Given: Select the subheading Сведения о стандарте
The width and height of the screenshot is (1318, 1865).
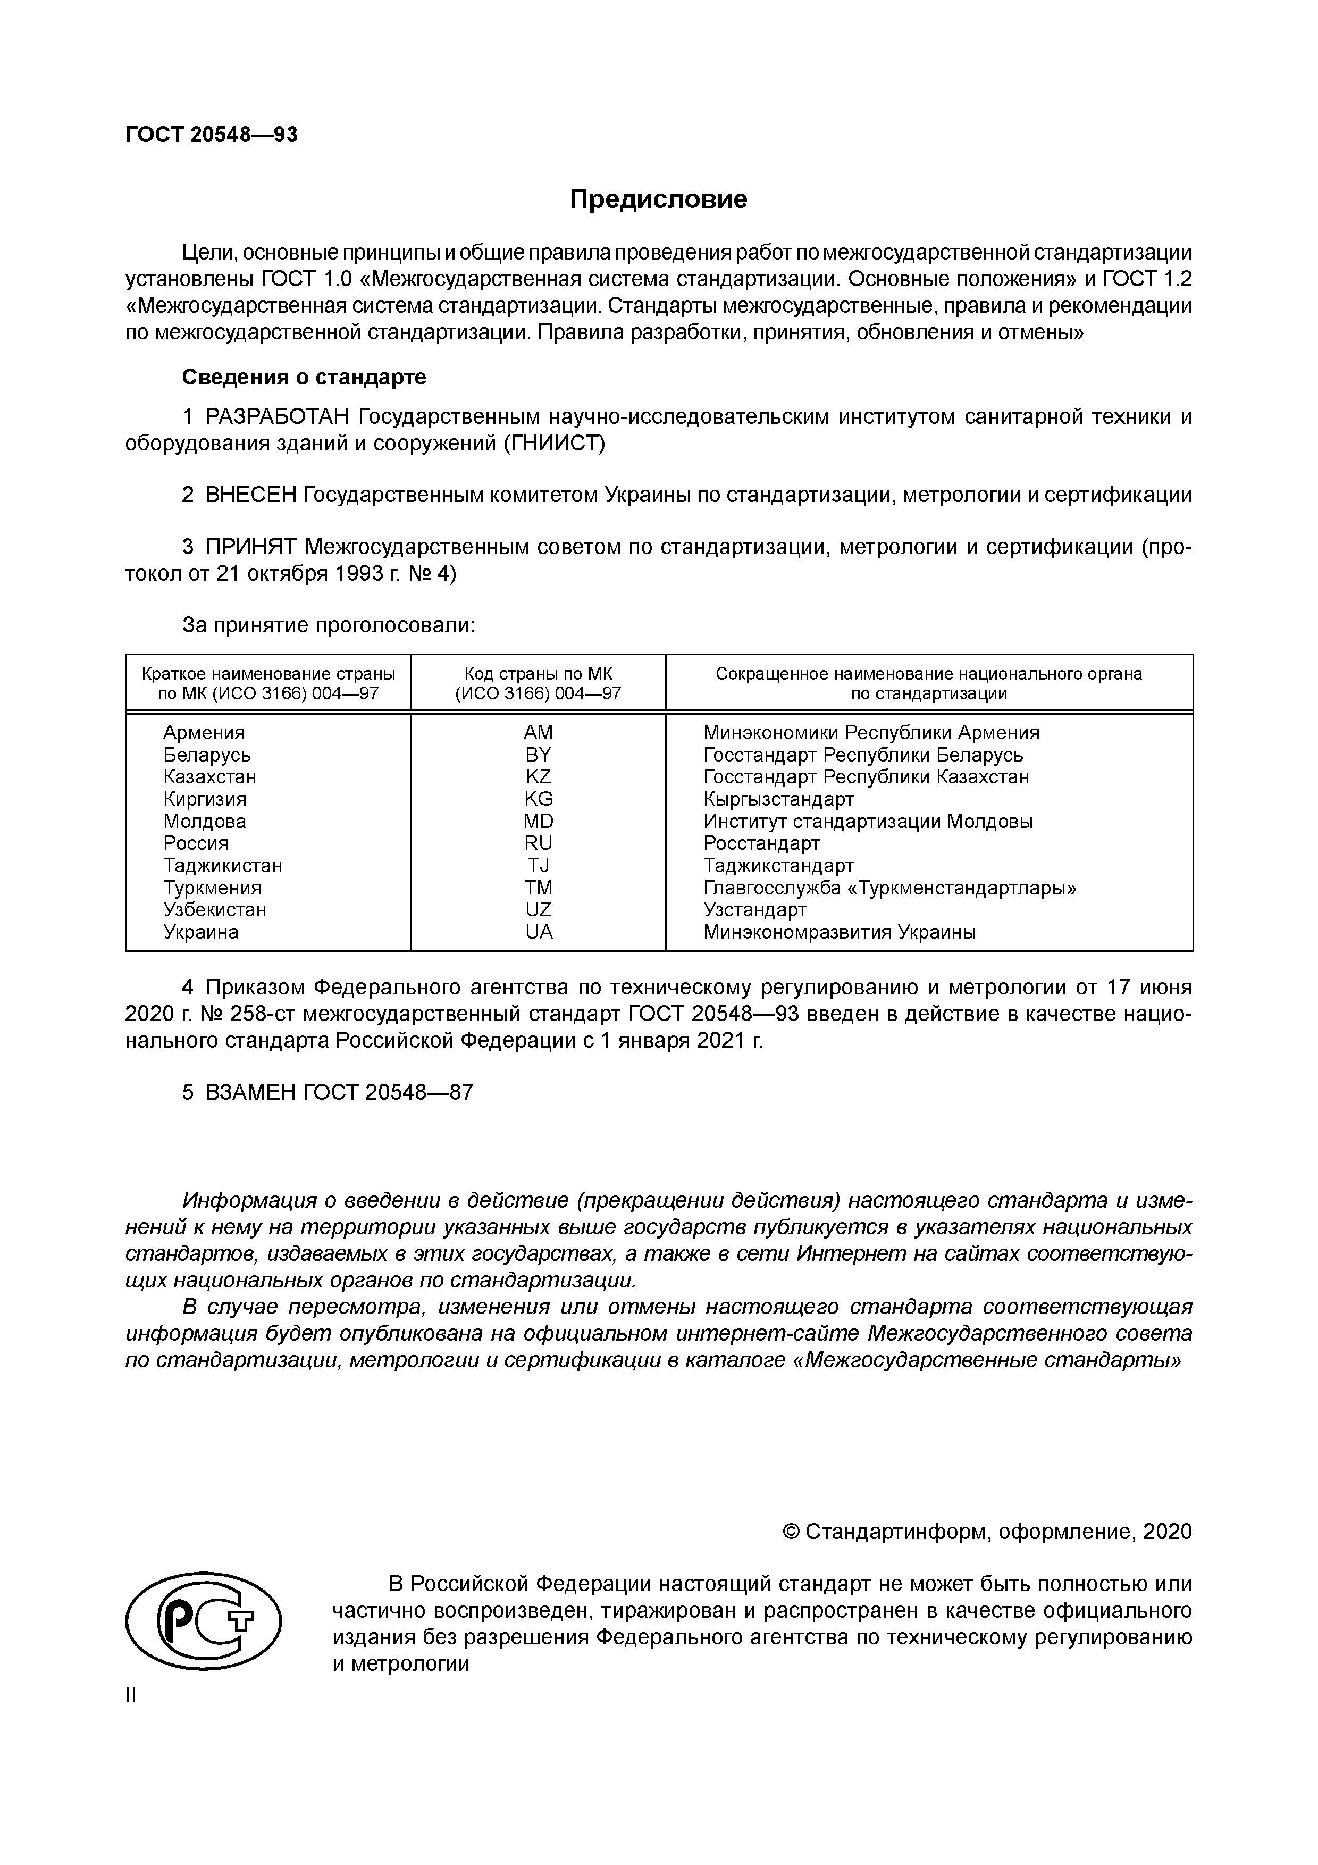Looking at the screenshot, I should coord(304,377).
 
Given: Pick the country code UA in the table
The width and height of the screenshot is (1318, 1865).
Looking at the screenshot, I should coord(539,932).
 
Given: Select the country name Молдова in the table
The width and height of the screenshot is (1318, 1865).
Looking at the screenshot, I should coord(205,821).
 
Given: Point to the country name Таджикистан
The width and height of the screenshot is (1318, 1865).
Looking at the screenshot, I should coord(223,865).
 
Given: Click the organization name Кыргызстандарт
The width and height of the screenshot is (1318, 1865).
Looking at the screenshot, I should coord(778,799).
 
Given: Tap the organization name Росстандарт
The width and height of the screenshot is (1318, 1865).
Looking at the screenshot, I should coord(761,843).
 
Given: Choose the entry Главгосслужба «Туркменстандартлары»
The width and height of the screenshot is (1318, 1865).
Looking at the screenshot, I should coord(889,888).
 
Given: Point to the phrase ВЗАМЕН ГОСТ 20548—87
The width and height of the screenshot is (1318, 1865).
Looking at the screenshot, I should coord(338,1092).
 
